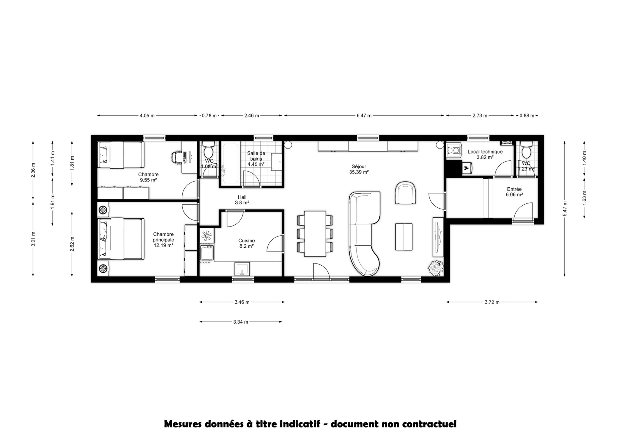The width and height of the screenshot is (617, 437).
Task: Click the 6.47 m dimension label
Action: click(364, 116)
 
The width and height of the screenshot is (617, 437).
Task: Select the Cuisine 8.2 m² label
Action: click(246, 243)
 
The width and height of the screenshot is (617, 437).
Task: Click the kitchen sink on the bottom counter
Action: click(242, 269)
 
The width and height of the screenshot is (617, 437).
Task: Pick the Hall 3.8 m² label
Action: click(242, 200)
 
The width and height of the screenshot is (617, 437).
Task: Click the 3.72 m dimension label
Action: click(492, 302)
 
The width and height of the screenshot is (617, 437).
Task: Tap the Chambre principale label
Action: click(163, 240)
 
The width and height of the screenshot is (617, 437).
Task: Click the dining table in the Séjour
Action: click(315, 234)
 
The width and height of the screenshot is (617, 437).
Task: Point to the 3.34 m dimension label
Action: click(241, 322)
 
